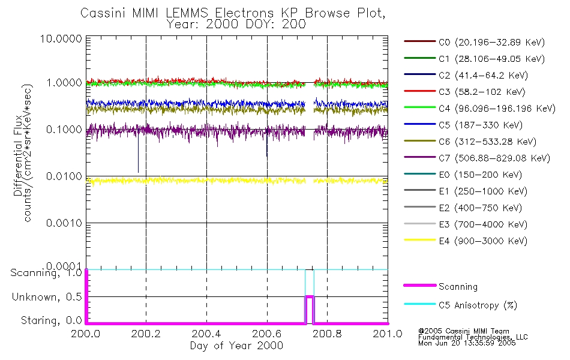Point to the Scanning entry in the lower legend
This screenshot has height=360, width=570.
458,287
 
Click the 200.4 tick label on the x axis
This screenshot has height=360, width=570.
206,334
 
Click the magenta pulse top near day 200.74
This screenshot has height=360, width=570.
310,296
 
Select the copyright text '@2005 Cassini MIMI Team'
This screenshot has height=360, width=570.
460,331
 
